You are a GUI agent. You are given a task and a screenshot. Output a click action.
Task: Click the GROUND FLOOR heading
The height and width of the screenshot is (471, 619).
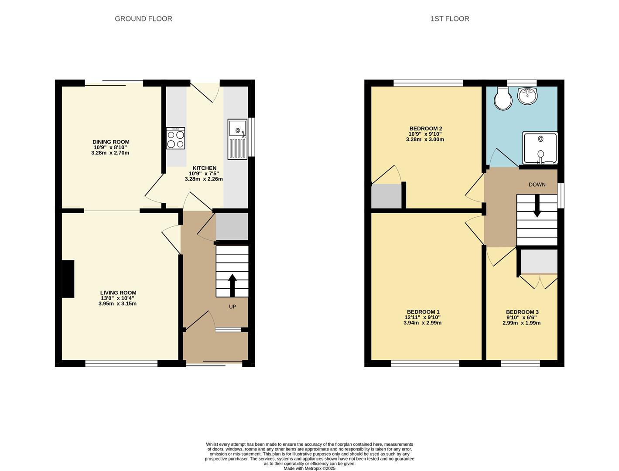tap(143, 19)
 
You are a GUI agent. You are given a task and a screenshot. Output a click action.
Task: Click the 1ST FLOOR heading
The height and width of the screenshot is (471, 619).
tap(450, 19)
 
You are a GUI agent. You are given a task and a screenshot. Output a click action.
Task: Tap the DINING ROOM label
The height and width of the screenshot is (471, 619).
tap(111, 142)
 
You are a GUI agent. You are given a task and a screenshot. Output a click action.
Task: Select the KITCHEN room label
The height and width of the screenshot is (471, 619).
tap(204, 168)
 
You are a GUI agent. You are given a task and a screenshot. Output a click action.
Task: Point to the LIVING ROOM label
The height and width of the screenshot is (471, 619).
tap(118, 293)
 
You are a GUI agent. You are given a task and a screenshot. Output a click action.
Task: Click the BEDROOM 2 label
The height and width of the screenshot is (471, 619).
tap(425, 128)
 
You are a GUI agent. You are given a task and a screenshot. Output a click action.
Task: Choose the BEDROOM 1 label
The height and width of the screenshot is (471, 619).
tap(423, 312)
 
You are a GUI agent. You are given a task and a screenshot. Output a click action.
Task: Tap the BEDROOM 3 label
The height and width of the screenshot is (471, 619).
tap(522, 312)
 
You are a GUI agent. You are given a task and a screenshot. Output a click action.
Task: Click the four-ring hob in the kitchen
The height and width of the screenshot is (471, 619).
tap(175, 138)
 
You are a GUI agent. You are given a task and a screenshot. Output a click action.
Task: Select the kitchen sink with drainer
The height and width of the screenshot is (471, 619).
tap(237, 139)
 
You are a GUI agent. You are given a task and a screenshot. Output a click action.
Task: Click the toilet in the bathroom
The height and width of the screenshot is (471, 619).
tap(503, 99)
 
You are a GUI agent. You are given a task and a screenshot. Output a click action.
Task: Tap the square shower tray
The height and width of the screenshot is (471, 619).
tap(540, 148)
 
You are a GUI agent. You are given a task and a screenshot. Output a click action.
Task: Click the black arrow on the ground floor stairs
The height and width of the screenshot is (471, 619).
tap(232, 285)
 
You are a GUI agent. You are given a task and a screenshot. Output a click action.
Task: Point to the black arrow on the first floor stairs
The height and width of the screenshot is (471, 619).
tap(537, 205)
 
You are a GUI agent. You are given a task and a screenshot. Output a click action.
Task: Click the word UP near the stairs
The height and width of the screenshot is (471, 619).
tap(233, 307)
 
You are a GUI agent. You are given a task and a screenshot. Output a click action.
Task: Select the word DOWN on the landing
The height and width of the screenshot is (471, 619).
tap(537, 184)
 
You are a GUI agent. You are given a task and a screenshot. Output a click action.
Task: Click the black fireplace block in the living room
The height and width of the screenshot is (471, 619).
tap(68, 279)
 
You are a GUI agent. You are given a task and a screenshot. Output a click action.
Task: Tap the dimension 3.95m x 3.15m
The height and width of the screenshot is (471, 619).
tap(117, 304)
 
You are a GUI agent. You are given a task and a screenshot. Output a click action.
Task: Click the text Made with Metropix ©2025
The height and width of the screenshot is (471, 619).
tap(309, 468)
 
